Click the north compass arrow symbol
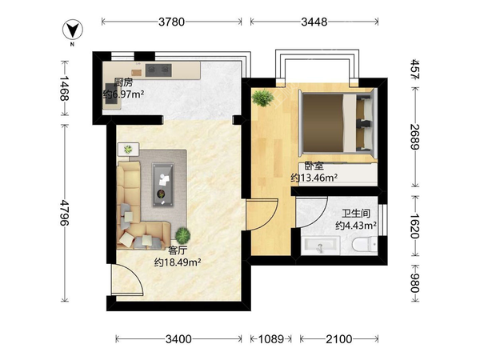click(73, 30)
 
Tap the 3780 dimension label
click(171, 22)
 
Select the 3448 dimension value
click(314, 22)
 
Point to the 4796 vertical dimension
click(65, 213)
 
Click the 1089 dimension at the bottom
click(271, 339)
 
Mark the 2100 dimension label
click(339, 339)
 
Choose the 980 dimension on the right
click(415, 283)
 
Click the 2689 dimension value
click(415, 137)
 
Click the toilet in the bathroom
click(364, 245)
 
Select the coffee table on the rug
click(163, 185)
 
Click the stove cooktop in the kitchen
click(158, 70)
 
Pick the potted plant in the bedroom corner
click(262, 98)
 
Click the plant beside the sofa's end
click(182, 235)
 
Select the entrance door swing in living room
click(127, 279)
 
